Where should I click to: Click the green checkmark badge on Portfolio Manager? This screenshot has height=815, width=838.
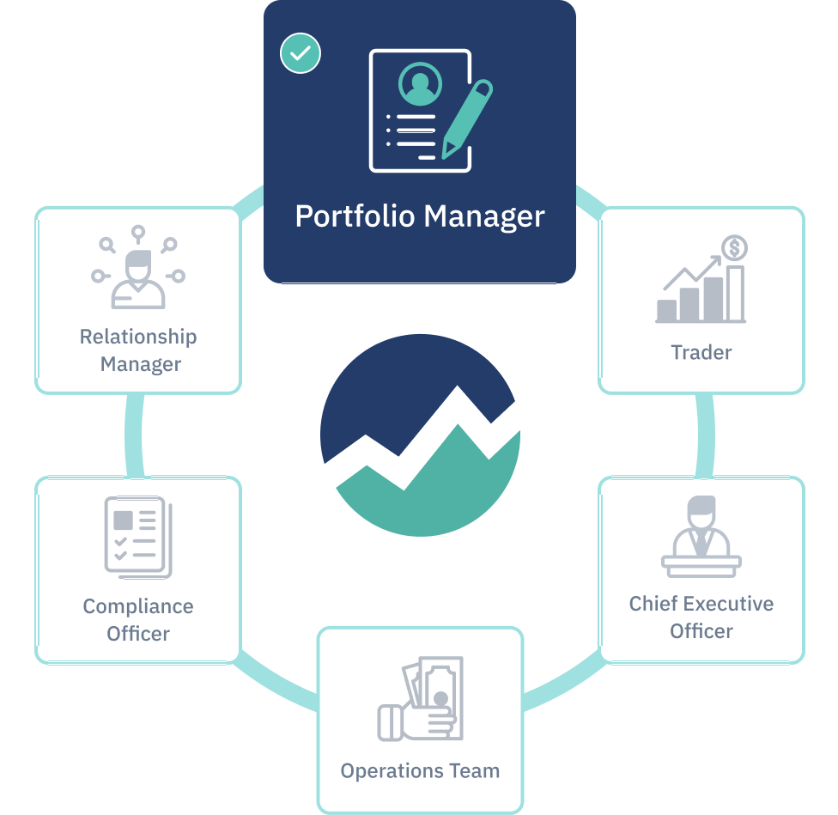pyautogui.click(x=301, y=53)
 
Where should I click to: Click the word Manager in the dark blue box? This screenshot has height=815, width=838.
pyautogui.click(x=484, y=216)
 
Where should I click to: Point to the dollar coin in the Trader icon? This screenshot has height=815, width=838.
pyautogui.click(x=734, y=249)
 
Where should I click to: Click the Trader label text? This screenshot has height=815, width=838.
pyautogui.click(x=701, y=352)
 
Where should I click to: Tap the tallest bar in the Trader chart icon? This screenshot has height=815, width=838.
pyautogui.click(x=735, y=292)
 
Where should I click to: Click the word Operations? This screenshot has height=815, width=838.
pyautogui.click(x=390, y=770)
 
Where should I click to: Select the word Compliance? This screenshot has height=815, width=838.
pyautogui.click(x=138, y=606)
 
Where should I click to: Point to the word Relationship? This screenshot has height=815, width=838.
pyautogui.click(x=138, y=337)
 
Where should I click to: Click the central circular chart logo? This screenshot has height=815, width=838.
pyautogui.click(x=420, y=435)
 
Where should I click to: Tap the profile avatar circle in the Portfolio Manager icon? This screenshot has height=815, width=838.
pyautogui.click(x=418, y=83)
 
